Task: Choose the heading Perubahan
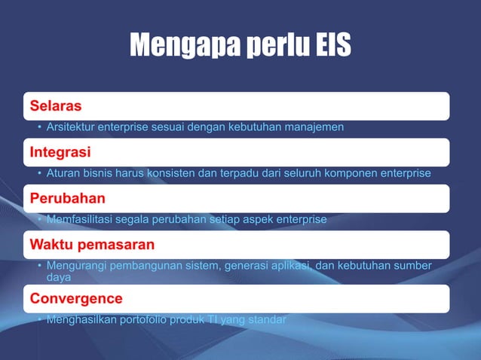click(x=67, y=198)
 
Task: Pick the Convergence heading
click(x=76, y=298)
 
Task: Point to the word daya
click(x=59, y=277)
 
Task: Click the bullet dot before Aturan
click(x=39, y=174)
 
